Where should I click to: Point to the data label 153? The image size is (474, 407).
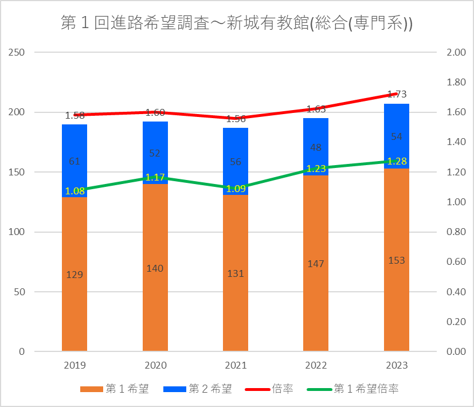(397, 260)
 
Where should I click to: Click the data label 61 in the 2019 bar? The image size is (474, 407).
(75, 161)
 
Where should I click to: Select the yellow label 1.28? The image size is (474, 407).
(397, 161)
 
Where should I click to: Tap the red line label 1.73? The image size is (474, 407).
(397, 94)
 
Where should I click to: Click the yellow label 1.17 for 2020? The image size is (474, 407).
(155, 178)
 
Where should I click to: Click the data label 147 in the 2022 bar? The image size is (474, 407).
(316, 264)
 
